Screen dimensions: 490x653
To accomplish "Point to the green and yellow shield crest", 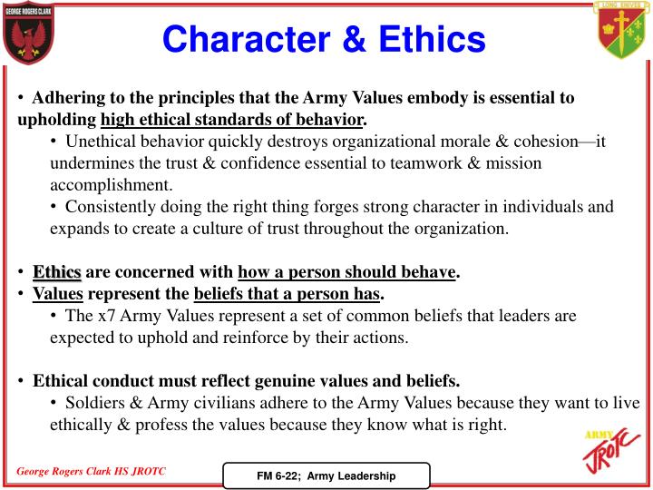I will (621, 30).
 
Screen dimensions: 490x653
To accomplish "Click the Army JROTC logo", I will (609, 452).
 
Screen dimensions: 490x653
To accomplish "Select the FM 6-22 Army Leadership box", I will (326, 475).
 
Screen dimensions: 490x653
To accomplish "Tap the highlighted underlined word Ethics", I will (57, 272).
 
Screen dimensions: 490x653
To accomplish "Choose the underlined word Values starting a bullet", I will (57, 294).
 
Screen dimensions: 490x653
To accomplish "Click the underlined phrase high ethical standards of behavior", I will (232, 120).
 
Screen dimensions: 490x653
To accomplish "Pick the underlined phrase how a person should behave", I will (346, 272).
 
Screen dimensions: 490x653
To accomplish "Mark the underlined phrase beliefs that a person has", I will (288, 294).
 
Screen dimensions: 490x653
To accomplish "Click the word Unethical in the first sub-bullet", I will (101, 142).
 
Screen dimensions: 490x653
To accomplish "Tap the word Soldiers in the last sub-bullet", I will (94, 403).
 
